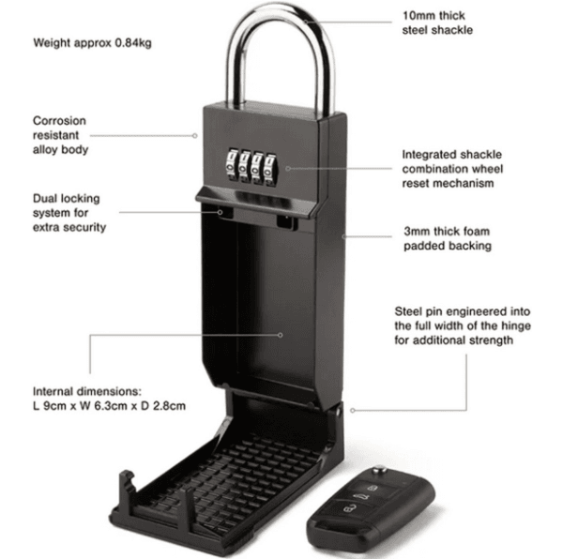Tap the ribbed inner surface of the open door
[235, 474]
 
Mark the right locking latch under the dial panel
[287, 222]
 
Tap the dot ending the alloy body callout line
[195, 134]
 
